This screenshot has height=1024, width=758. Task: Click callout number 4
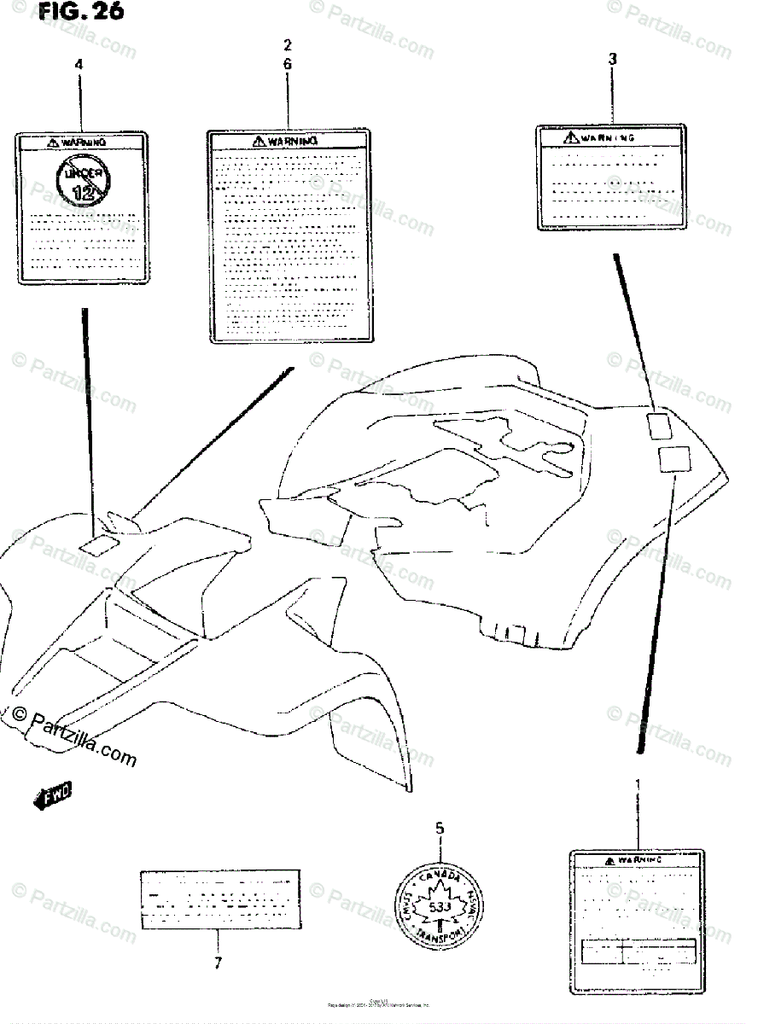tap(79, 64)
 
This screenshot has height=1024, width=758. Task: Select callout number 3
tap(612, 59)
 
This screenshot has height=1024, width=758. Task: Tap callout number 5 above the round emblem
tap(440, 827)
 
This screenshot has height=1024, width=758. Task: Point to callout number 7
tap(218, 963)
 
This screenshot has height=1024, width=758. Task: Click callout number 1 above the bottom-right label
tap(636, 783)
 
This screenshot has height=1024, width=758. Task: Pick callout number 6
tap(288, 64)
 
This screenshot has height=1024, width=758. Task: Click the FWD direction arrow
tap(53, 795)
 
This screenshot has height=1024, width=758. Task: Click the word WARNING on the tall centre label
tap(292, 141)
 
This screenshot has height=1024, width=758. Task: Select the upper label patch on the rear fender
tap(659, 425)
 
